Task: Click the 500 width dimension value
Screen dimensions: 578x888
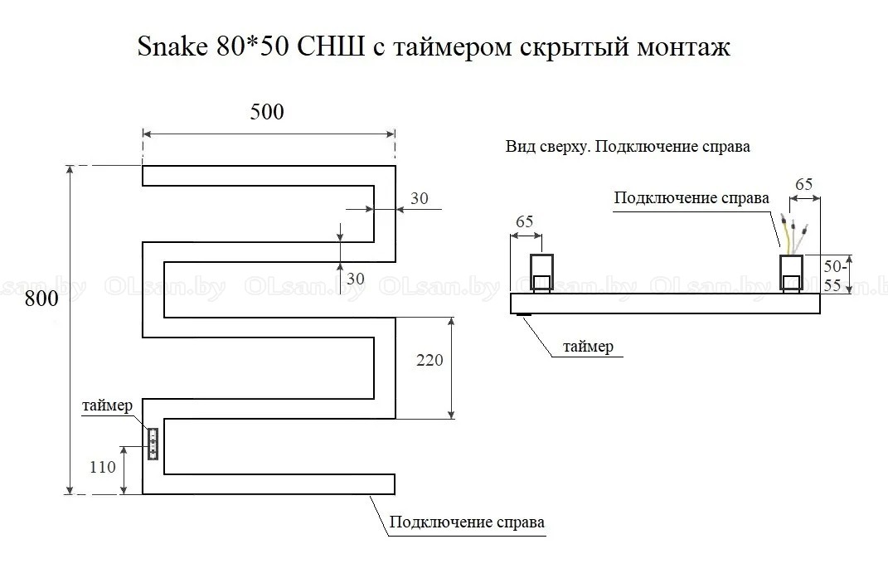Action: [x=267, y=112]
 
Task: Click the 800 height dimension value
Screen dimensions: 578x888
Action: [x=41, y=299]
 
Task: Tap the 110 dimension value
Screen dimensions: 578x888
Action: [x=103, y=467]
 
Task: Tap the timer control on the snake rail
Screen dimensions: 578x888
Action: [x=153, y=444]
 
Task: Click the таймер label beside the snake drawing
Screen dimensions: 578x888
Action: [x=106, y=406]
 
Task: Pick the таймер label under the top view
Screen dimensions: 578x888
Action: [x=588, y=347]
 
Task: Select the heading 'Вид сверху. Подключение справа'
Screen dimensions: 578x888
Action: [x=628, y=148]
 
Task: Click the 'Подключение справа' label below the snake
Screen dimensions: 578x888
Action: [x=467, y=522]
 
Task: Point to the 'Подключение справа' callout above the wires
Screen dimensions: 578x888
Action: [x=691, y=198]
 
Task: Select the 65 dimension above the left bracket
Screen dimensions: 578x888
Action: [x=524, y=221]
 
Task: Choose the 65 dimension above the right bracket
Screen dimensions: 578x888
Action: [x=803, y=184]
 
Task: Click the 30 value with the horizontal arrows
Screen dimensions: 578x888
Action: [x=420, y=199]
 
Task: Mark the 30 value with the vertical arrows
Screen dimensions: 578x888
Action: [x=355, y=279]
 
